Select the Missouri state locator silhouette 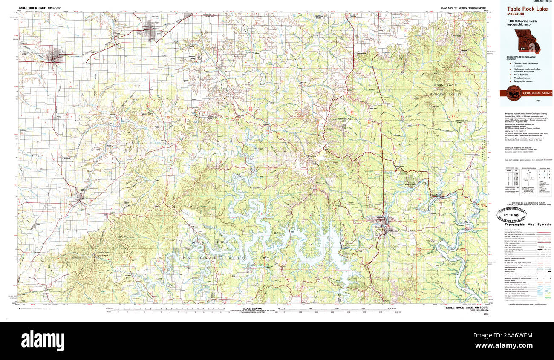527,41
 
